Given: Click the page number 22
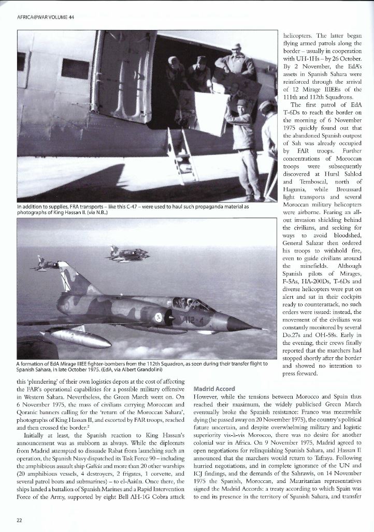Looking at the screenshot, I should (19, 520).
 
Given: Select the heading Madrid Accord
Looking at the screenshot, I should (213, 388).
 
